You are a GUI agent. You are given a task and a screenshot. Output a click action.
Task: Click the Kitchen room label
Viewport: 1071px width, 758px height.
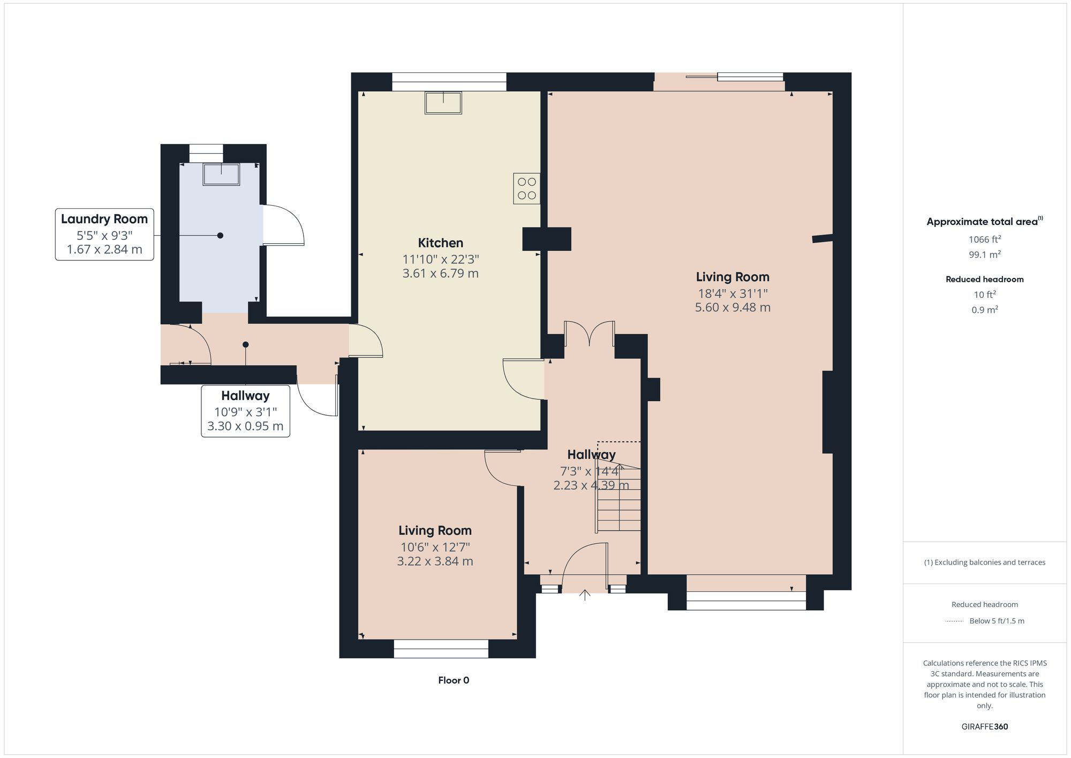click(440, 243)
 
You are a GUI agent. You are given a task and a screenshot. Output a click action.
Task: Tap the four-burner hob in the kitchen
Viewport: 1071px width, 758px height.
click(526, 189)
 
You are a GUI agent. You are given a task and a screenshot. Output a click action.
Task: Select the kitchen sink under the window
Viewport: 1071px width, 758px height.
click(443, 103)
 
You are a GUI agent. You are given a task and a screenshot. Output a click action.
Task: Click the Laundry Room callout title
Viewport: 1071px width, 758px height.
click(104, 219)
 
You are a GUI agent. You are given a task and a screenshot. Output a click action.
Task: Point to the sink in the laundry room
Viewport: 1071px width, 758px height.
click(221, 175)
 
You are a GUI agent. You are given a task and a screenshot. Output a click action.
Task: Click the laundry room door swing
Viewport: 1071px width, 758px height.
click(284, 226)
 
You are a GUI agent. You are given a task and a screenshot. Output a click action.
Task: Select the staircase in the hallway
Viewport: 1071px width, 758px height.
click(619, 498)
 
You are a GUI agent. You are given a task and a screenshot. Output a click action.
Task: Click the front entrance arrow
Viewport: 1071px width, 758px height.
click(584, 595)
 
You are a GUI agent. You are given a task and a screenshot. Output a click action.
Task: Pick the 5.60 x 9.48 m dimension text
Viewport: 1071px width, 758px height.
click(733, 307)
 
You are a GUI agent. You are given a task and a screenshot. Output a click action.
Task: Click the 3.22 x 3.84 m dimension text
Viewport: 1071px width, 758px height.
click(435, 561)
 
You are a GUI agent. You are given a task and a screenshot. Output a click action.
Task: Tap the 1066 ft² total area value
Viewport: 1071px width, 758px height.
click(984, 239)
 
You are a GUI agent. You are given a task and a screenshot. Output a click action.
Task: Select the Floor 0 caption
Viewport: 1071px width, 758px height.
click(454, 680)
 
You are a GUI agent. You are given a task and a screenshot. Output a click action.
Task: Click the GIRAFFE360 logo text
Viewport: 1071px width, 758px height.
click(984, 727)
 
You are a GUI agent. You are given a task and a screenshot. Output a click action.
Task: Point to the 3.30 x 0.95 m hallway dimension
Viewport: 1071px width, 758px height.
click(245, 426)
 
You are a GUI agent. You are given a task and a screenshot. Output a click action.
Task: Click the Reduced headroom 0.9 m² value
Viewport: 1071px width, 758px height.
click(984, 310)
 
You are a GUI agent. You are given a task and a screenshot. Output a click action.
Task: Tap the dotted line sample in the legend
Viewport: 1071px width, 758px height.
click(954, 621)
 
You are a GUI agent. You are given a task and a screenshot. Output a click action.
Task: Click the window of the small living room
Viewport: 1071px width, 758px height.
click(441, 649)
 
